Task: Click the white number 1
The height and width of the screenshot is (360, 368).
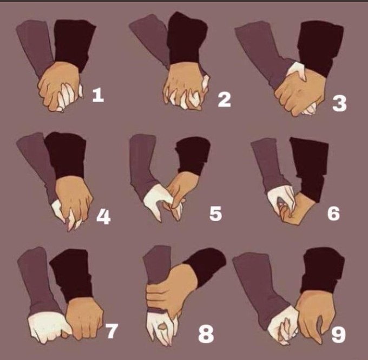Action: [x=98, y=95]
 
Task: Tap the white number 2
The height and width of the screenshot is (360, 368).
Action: [x=225, y=100]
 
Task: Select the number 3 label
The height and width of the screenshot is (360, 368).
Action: [x=339, y=103]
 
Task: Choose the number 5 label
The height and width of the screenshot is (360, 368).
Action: [x=215, y=214]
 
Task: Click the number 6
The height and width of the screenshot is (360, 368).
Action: [x=334, y=214]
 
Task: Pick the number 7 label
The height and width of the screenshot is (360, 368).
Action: [x=111, y=331]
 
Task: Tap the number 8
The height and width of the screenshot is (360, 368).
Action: [x=206, y=335]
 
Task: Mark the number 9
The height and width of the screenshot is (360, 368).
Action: [x=338, y=335]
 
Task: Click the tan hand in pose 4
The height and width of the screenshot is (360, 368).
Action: [x=73, y=199]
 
